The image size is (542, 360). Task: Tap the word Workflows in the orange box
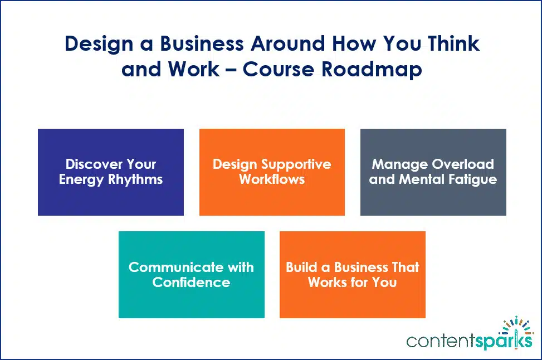coord(272,179)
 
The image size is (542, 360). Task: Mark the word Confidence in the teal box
coord(191,282)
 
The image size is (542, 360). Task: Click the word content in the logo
coord(441,340)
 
